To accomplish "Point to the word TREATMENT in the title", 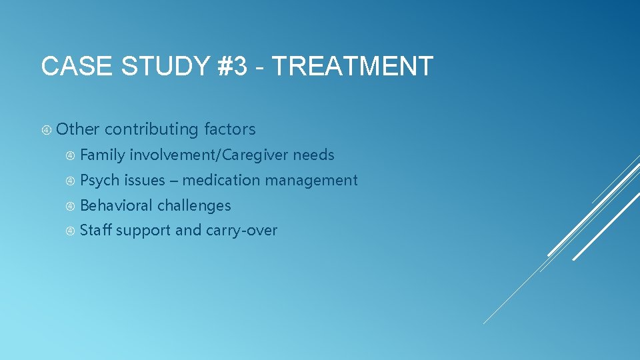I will tap(353, 67).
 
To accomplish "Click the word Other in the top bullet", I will tap(78, 129).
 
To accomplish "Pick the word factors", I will tap(230, 129).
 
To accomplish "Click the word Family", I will tap(102, 155).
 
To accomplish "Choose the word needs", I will tap(314, 155).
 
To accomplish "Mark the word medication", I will tap(219, 181).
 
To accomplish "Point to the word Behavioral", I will tap(117, 206).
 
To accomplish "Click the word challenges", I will tap(194, 206).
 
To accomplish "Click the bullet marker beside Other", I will tap(47, 129).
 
